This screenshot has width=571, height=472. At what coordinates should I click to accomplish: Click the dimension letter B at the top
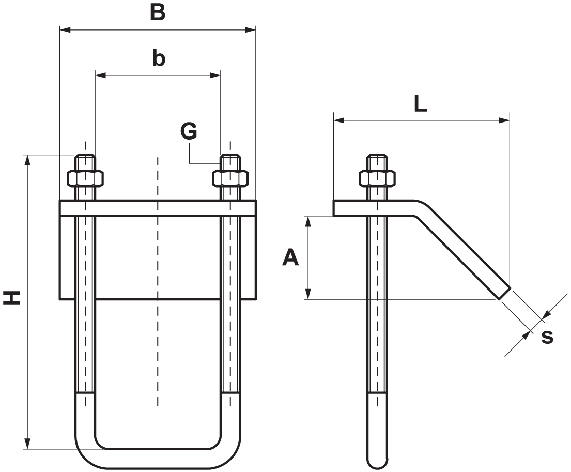point(158,12)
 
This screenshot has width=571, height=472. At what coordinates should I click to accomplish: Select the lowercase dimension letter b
point(159,58)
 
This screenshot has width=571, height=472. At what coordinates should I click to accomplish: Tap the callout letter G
point(189,132)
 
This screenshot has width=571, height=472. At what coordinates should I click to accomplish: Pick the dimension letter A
point(291,257)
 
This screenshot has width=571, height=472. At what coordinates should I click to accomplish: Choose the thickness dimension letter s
point(547,337)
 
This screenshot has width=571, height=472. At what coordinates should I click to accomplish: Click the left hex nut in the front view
point(85,178)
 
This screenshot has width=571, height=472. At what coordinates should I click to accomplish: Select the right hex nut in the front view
point(230,178)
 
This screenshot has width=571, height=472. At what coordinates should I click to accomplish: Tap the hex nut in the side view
point(377,178)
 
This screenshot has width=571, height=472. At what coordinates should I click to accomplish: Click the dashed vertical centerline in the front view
point(158,279)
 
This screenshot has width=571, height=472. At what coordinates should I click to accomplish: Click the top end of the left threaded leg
point(85,157)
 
